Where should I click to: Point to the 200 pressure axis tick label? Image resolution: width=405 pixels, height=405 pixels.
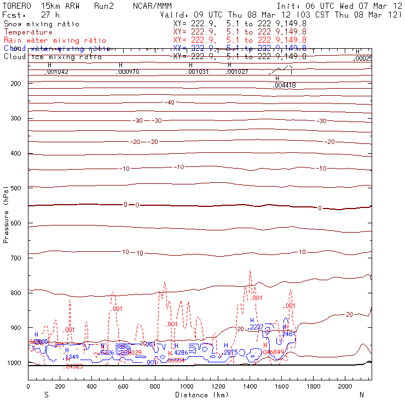(15, 83)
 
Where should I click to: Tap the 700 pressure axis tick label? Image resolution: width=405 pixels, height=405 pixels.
(15, 258)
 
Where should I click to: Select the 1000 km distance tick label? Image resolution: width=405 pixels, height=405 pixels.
(187, 387)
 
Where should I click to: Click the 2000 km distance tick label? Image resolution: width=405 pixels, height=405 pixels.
(345, 387)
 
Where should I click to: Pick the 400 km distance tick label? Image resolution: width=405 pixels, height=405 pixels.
(91, 387)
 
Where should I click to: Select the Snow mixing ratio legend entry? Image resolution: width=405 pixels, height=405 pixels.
(41, 24)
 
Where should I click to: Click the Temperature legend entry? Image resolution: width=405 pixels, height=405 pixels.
(28, 32)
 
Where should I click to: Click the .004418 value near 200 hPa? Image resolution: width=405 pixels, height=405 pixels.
(284, 85)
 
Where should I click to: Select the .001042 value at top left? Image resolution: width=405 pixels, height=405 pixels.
(56, 72)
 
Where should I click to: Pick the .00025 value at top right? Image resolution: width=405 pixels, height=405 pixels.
(362, 58)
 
